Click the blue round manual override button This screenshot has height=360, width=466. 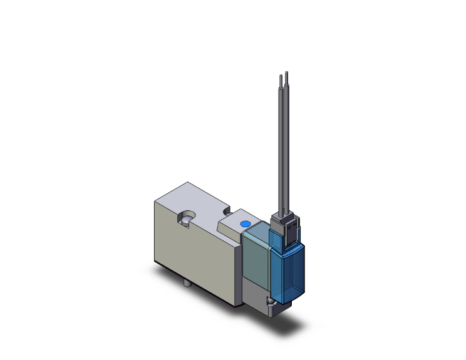[244, 224]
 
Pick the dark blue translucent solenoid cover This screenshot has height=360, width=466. [289, 269]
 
